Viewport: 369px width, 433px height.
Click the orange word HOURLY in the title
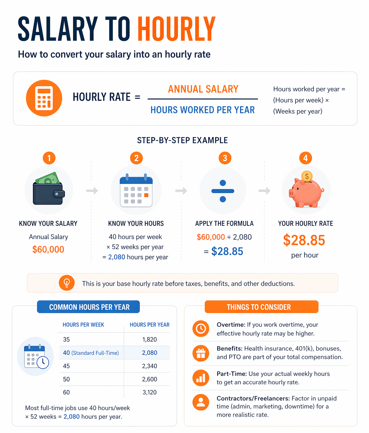point(176,29)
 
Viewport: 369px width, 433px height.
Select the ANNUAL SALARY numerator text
point(203,89)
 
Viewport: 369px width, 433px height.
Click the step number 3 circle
point(225,158)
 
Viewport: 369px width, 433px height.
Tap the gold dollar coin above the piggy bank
point(307,176)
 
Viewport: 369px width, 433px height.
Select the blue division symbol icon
point(223,191)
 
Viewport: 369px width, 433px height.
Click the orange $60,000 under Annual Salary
point(48,249)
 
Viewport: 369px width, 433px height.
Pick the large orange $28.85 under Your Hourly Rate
point(304,240)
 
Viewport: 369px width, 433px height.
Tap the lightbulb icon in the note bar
point(67,283)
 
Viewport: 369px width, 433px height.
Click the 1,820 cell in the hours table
point(150,340)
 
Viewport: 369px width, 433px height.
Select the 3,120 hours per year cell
point(150,392)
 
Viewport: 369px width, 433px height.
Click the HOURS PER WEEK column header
point(83,325)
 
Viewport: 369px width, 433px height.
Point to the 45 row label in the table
point(66,366)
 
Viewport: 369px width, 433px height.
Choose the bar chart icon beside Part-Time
point(201,378)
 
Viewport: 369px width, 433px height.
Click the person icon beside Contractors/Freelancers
point(201,402)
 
